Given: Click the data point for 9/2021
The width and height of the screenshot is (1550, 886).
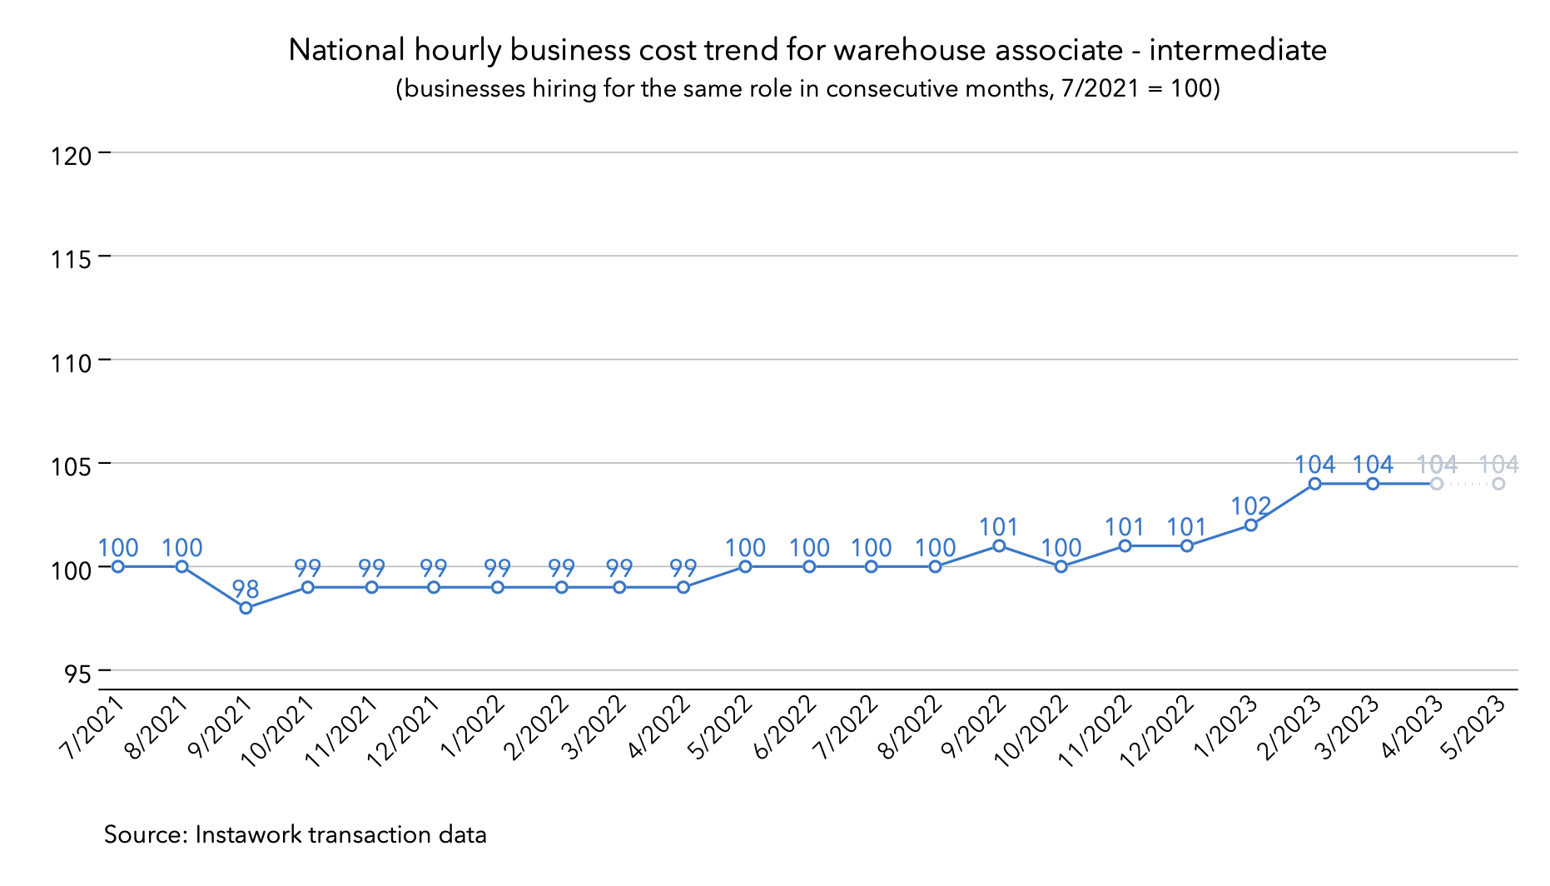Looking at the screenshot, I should pyautogui.click(x=246, y=608).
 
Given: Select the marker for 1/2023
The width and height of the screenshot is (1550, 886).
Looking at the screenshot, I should pyautogui.click(x=1250, y=525).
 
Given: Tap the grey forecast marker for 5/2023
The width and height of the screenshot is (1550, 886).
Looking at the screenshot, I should pyautogui.click(x=1498, y=484).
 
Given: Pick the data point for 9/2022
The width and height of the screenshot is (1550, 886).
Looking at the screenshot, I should pyautogui.click(x=999, y=545).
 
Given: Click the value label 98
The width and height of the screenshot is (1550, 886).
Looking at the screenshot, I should pyautogui.click(x=246, y=590).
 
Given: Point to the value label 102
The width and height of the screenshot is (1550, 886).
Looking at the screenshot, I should pyautogui.click(x=1250, y=506).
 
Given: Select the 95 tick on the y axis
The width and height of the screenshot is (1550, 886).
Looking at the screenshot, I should pyautogui.click(x=77, y=673).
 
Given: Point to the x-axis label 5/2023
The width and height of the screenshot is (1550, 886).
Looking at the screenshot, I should pyautogui.click(x=1474, y=726).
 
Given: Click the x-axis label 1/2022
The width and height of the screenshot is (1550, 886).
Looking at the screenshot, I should pyautogui.click(x=473, y=726).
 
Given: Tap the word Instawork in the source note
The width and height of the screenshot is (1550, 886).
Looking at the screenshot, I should pyautogui.click(x=248, y=834).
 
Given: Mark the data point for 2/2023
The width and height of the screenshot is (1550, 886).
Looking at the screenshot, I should pyautogui.click(x=1314, y=484).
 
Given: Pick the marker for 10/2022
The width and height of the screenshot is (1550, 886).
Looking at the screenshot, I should pyautogui.click(x=1061, y=566).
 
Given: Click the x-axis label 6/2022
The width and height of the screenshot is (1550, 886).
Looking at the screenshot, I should pyautogui.click(x=784, y=726).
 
